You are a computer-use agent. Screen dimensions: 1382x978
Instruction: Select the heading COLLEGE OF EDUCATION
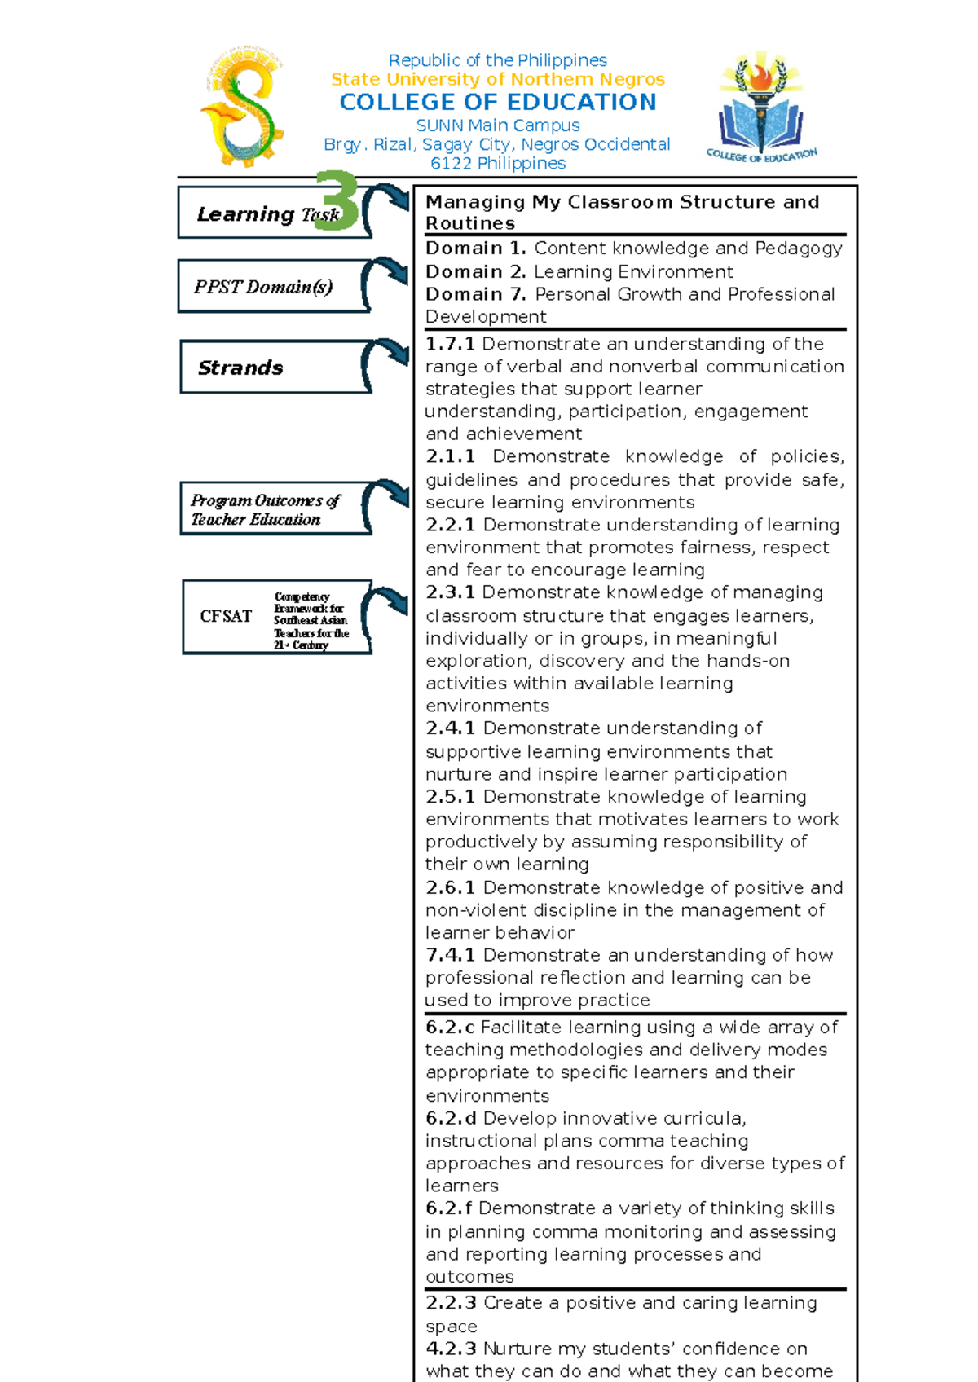[x=498, y=103]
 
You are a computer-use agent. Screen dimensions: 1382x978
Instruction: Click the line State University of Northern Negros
[x=498, y=80]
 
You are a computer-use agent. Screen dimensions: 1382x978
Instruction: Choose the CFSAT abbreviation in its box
[x=226, y=617]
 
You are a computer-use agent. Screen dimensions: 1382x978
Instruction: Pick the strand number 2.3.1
[x=450, y=592]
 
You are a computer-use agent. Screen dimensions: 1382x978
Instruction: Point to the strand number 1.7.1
[x=450, y=344]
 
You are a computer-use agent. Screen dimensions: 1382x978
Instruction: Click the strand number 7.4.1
[x=450, y=955]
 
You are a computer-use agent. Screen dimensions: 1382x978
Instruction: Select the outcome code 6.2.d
[x=450, y=1119]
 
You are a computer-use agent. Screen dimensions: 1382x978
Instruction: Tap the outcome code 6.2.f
[x=448, y=1208]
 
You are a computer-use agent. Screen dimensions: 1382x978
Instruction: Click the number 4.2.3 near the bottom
[x=450, y=1349]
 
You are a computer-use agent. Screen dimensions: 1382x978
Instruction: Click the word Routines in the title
[x=470, y=224]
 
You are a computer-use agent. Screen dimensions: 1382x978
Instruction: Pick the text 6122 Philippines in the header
[x=498, y=164]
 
